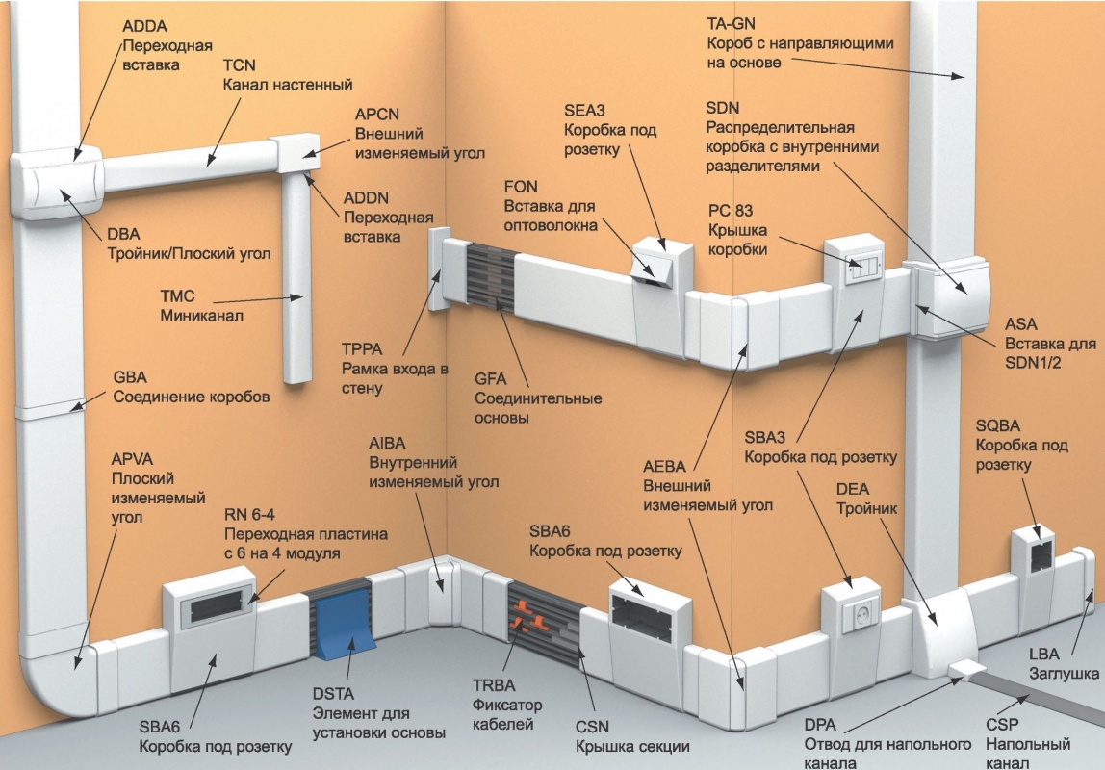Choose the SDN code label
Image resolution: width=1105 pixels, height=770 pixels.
[x=722, y=108]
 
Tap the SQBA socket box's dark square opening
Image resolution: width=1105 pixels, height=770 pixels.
[x=1039, y=557]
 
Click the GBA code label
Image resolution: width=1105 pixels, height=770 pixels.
[x=131, y=377]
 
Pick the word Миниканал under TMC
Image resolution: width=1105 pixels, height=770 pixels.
[x=200, y=316]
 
